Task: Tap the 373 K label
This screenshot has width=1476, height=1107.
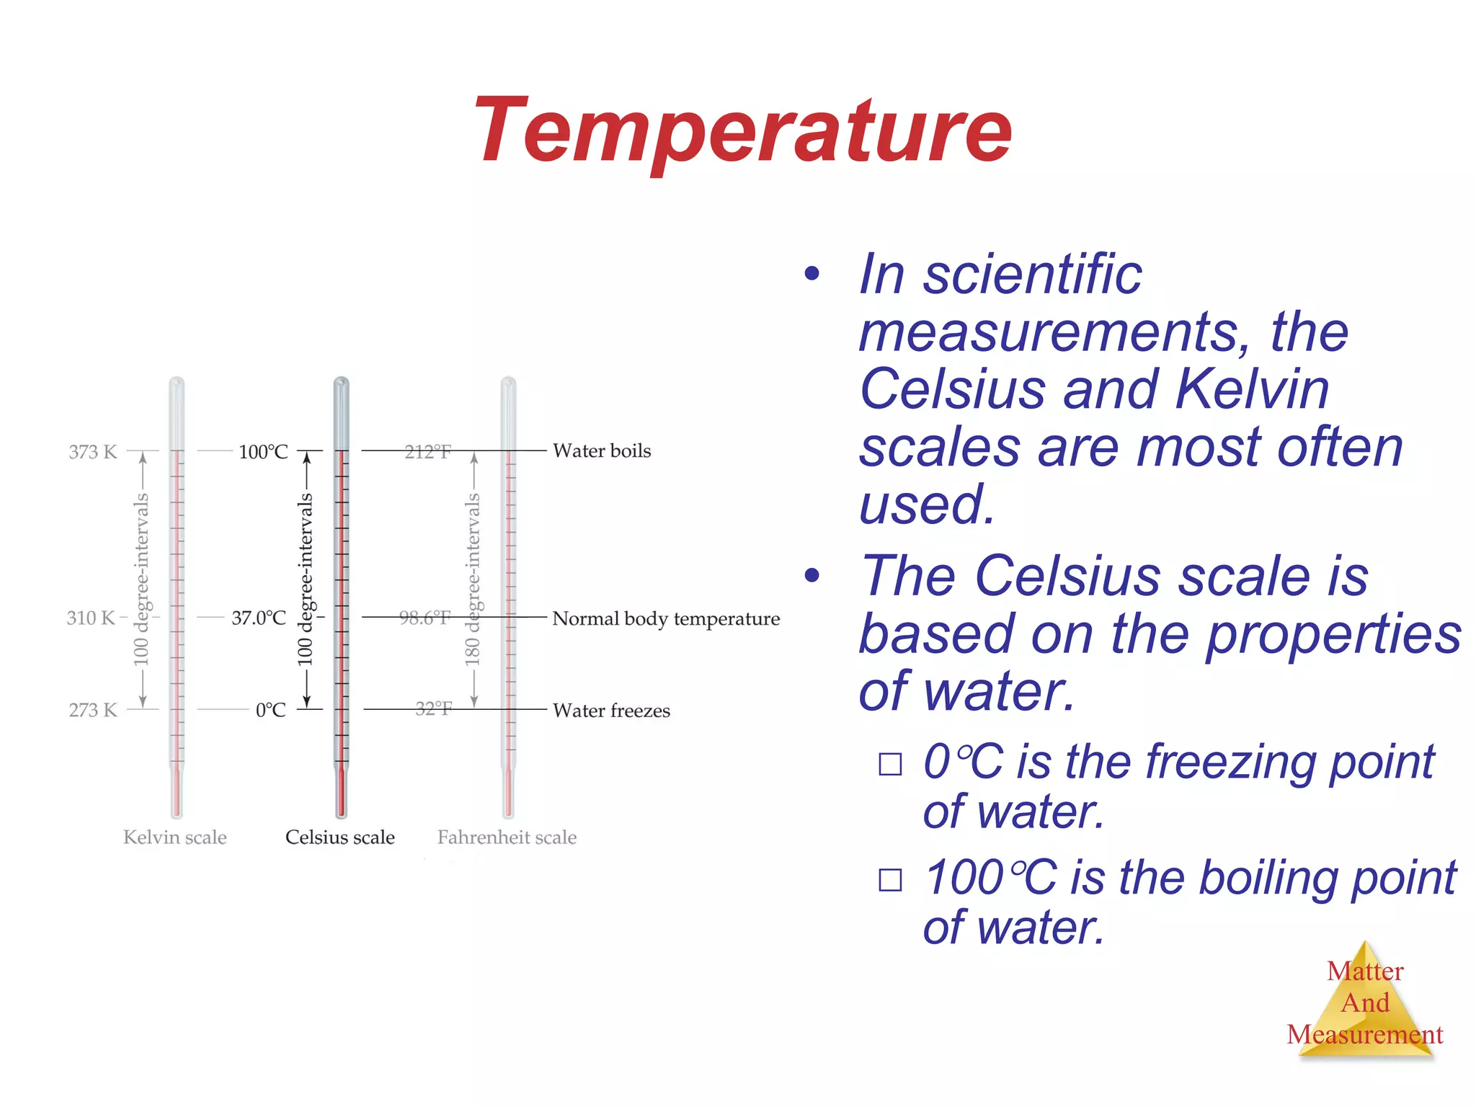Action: (92, 452)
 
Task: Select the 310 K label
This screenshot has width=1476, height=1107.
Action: (91, 618)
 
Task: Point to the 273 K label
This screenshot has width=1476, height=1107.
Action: (92, 710)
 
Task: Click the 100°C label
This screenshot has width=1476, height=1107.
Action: (263, 452)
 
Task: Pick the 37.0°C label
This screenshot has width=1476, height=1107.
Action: (258, 618)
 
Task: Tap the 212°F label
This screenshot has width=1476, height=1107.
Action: (427, 452)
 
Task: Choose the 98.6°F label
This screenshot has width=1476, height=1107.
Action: (424, 618)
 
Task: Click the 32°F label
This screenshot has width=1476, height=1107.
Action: (433, 709)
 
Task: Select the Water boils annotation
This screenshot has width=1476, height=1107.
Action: (602, 451)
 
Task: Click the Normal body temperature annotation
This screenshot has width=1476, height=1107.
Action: (666, 618)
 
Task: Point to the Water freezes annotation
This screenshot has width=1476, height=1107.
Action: (611, 711)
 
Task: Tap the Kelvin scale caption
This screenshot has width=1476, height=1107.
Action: (174, 837)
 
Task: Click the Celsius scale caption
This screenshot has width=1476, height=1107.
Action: (339, 837)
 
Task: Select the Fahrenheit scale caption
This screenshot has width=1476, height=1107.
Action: (507, 837)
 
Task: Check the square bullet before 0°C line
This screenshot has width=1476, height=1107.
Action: (890, 764)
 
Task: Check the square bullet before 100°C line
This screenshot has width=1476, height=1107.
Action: (890, 880)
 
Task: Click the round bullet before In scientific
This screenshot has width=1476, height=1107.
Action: (812, 273)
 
